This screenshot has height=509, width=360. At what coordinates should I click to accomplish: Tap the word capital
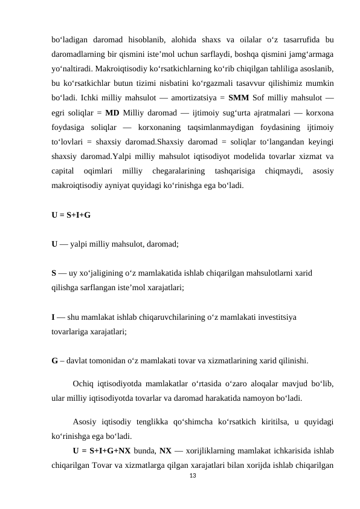63,171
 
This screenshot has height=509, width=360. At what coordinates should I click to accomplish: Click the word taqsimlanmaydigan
206,128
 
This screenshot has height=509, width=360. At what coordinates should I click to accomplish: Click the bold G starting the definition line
55,362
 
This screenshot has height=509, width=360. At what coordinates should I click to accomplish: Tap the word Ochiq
83,383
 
